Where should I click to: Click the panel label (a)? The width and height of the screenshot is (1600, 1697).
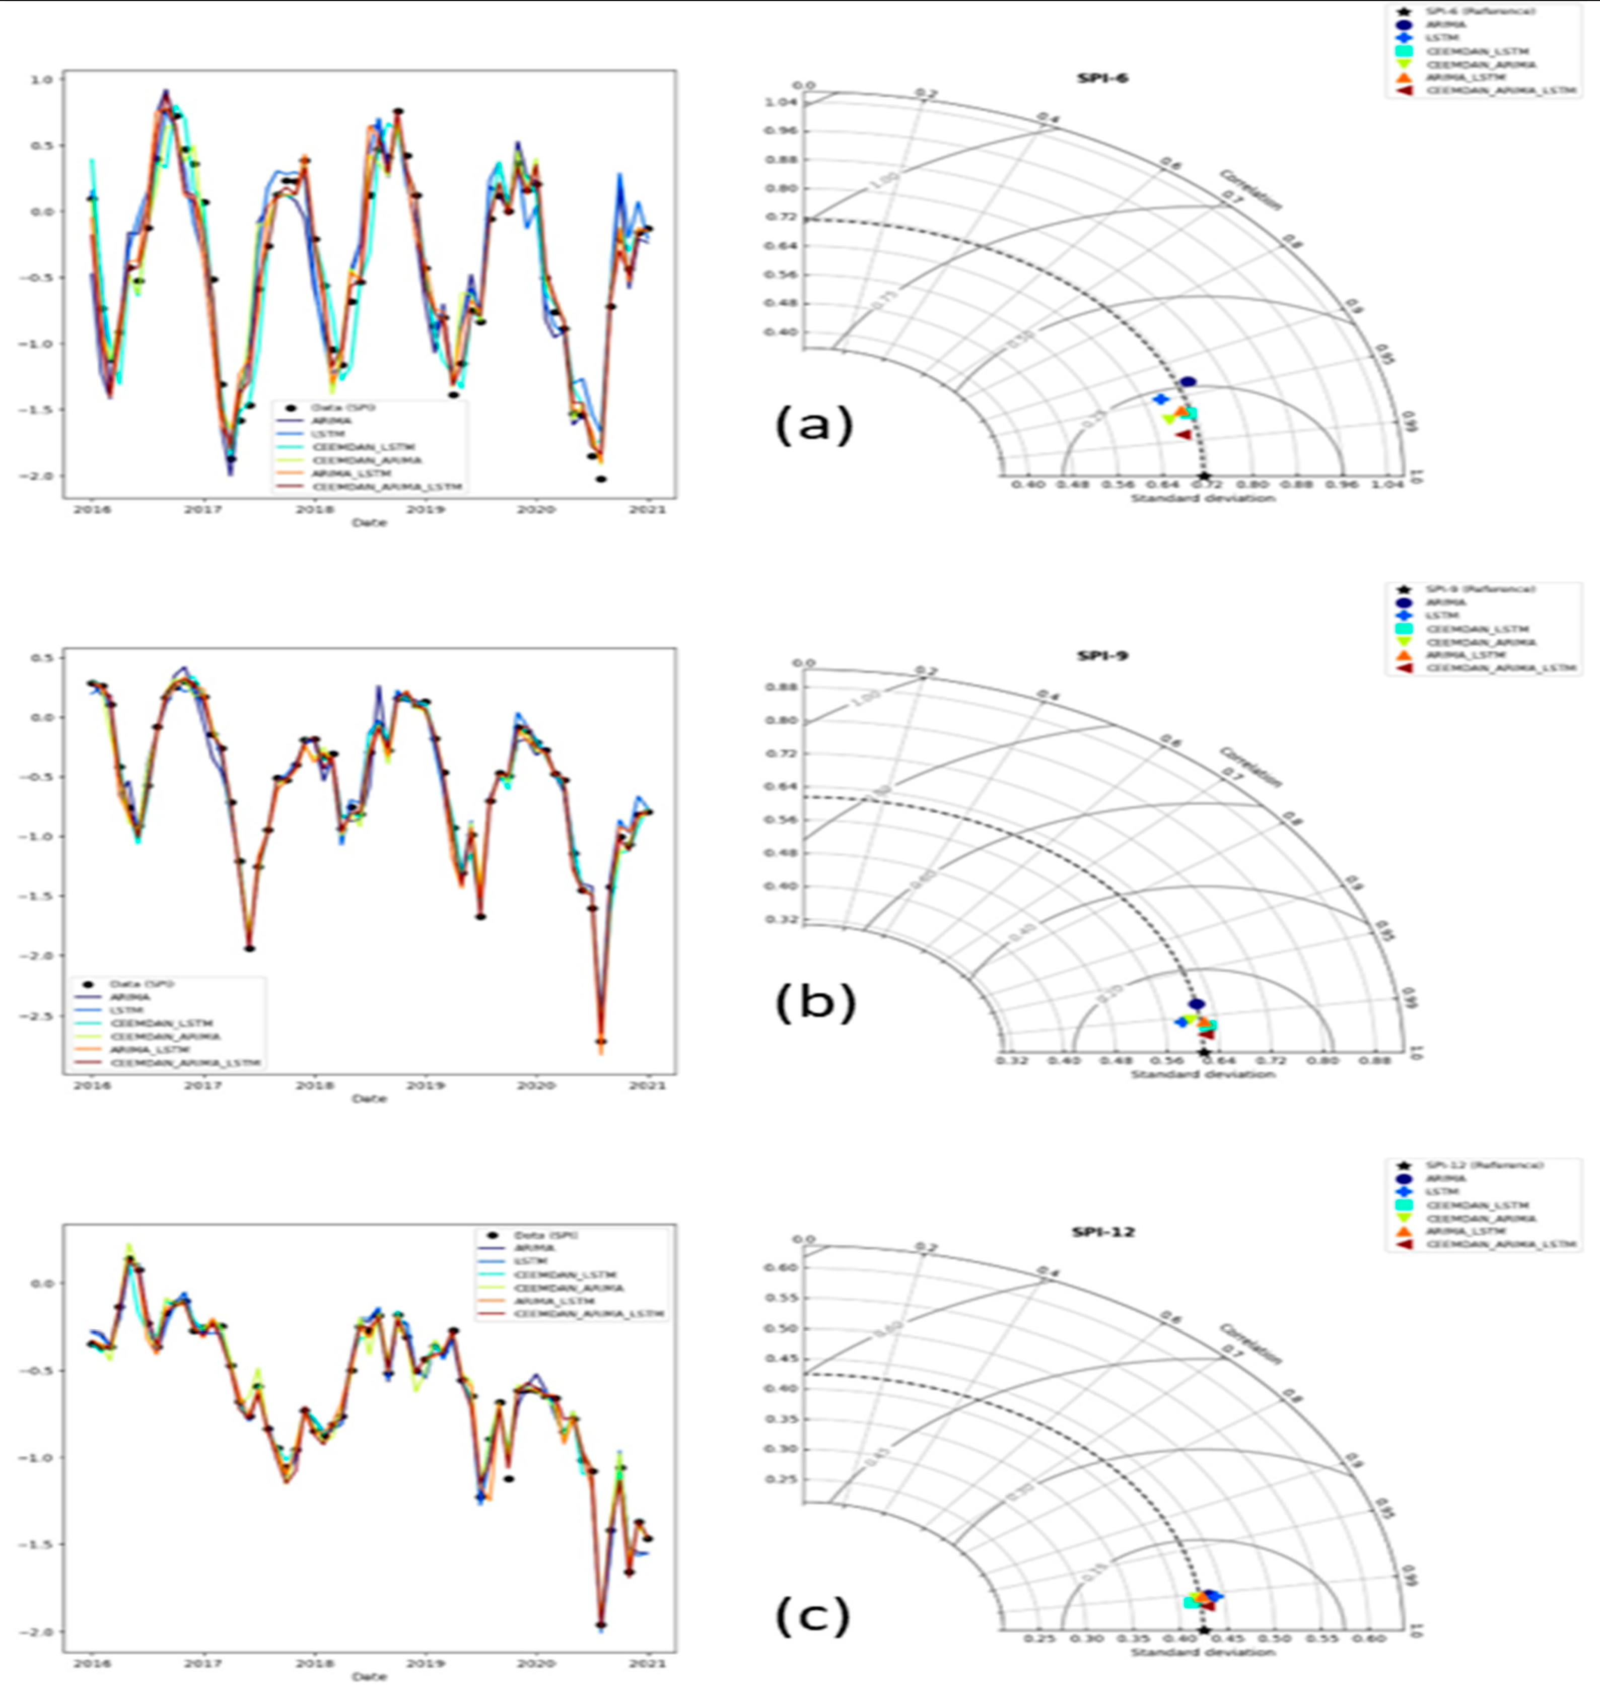click(x=813, y=424)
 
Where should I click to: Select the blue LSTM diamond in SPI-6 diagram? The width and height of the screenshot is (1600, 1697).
click(x=1160, y=398)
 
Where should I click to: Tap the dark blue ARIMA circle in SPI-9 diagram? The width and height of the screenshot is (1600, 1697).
click(x=1197, y=1004)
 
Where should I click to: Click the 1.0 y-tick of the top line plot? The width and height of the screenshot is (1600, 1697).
click(x=43, y=80)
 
